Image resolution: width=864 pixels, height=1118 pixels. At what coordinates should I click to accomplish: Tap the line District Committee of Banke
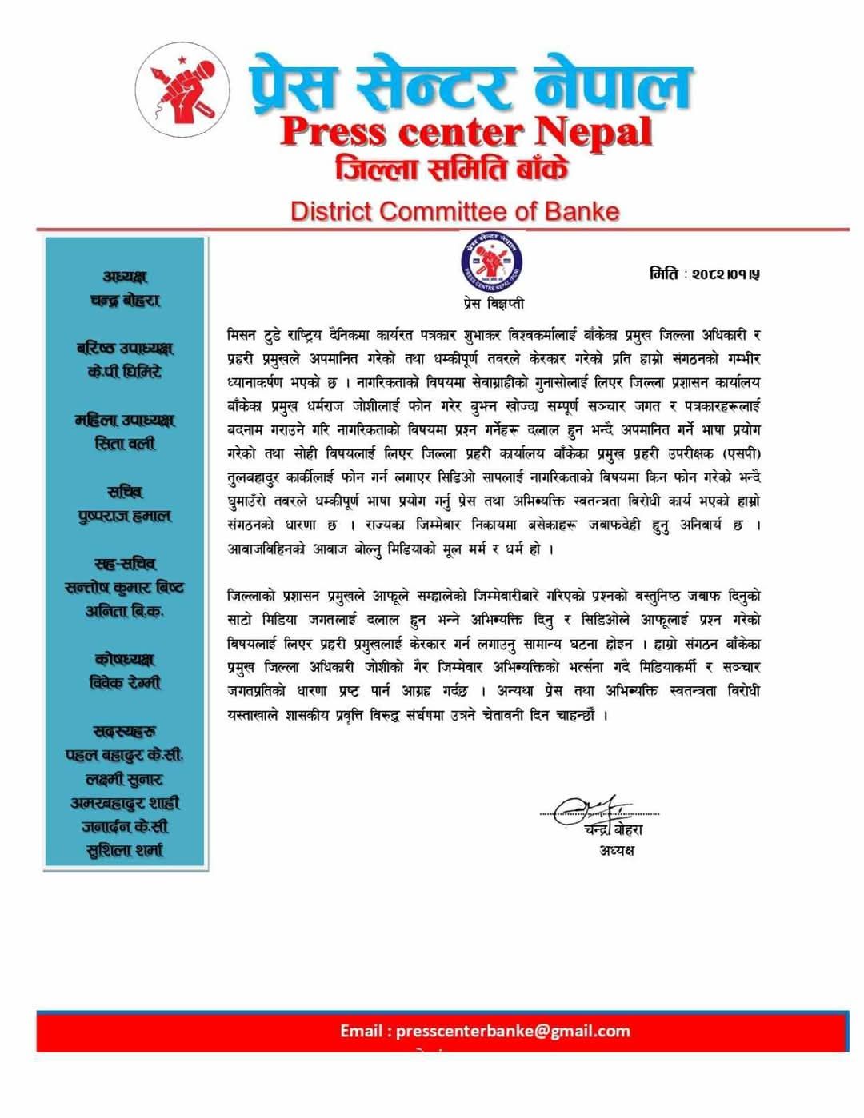coord(454,211)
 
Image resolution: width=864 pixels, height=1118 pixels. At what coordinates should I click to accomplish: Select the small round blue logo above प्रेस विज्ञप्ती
coord(491,262)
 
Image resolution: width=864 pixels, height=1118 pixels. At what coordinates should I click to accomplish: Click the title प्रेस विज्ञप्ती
coord(494,304)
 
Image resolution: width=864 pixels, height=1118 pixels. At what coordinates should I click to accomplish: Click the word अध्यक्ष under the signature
coord(617,849)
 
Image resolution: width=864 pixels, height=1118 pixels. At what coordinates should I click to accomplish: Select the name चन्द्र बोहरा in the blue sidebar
coord(125,300)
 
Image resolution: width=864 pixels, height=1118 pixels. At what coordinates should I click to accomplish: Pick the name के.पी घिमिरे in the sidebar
coord(125,372)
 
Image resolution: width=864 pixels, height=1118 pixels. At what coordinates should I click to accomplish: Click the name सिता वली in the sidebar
coord(125,443)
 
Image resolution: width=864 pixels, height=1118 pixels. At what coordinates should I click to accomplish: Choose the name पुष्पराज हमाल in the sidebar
coord(125,516)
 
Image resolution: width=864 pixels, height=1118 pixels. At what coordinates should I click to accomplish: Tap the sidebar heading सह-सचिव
coord(125,564)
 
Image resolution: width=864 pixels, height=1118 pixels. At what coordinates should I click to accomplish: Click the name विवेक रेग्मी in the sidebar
coord(125,683)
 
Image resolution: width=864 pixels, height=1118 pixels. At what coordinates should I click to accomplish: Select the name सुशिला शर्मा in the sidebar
coord(125,850)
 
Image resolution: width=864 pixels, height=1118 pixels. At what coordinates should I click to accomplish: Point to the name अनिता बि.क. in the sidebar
coord(125,611)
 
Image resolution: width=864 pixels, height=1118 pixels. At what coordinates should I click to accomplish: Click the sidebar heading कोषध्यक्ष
coord(125,659)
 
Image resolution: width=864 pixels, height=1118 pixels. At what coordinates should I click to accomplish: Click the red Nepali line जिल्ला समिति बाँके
coord(453,170)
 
